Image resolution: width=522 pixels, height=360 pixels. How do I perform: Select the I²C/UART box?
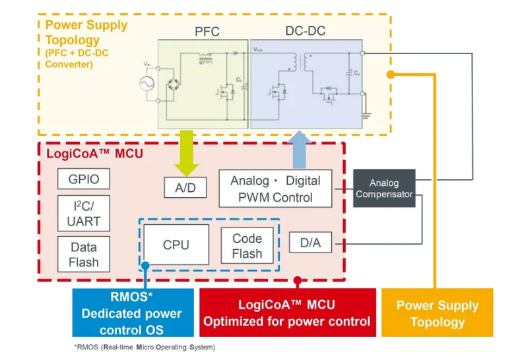tap(84, 214)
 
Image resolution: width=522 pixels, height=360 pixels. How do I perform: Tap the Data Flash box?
tap(84, 255)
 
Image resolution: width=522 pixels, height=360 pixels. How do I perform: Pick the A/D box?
tap(185, 188)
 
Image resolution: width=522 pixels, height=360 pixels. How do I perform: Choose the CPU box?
tap(176, 245)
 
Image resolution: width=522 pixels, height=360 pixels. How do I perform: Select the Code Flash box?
tap(247, 246)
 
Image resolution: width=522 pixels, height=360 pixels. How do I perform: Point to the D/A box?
tap(310, 243)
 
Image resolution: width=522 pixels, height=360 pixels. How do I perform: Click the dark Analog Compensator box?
tap(383, 189)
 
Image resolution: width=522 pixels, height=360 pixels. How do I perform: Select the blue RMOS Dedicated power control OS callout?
tap(133, 313)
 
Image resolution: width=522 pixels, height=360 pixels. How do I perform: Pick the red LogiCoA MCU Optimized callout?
tap(287, 313)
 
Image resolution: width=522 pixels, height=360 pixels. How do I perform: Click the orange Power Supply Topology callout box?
tap(437, 313)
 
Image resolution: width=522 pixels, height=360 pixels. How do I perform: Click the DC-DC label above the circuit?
tap(305, 30)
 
